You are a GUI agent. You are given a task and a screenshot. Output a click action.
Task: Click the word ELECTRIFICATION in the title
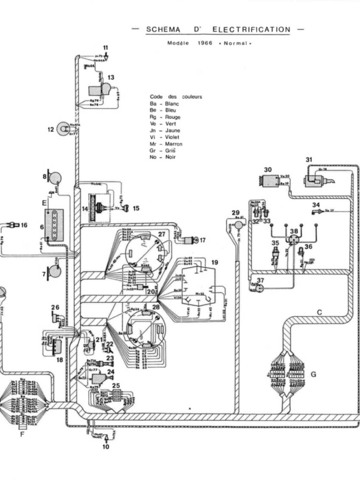[251, 30]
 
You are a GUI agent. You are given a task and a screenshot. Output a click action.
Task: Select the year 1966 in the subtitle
[205, 43]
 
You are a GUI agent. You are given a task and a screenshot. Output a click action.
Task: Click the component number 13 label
[111, 77]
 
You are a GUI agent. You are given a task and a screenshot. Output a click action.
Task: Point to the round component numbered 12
[63, 129]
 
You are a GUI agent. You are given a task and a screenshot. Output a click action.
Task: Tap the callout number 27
[162, 234]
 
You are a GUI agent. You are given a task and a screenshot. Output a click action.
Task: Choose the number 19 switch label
[214, 262]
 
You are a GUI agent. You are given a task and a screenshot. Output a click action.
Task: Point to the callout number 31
[309, 160]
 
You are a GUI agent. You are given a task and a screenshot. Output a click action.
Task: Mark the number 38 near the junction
[294, 232]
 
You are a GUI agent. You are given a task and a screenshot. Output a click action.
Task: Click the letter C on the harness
[320, 312]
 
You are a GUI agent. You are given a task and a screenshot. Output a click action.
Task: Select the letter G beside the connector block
[313, 374]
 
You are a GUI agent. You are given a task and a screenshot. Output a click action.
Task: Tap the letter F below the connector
[22, 434]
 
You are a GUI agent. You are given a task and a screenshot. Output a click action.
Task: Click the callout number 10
[106, 447]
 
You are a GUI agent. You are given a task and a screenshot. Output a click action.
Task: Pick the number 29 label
[235, 213]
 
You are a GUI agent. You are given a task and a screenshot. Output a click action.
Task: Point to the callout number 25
[116, 385]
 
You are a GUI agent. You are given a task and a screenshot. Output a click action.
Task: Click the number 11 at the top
[106, 47]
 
